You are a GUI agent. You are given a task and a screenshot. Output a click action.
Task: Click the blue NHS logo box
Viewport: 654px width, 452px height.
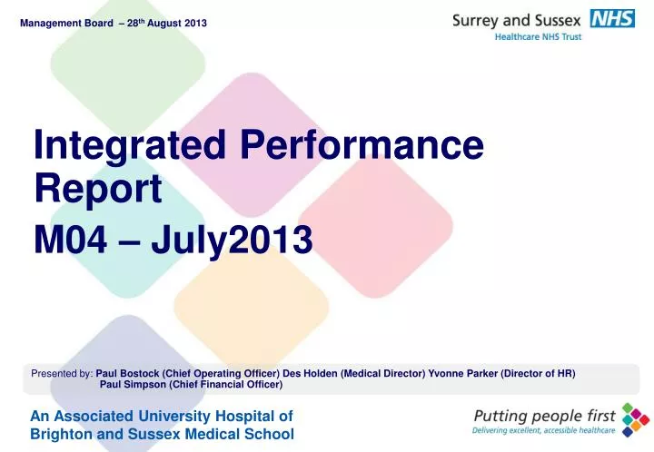(612, 18)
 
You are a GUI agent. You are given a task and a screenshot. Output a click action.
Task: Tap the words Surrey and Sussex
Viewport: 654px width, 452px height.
(516, 20)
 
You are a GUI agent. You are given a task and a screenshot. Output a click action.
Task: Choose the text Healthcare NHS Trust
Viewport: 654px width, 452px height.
(538, 37)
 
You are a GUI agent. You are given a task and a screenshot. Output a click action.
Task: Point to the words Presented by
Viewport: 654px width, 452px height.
(62, 373)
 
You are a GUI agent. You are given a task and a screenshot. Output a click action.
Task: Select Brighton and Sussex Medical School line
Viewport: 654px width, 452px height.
(162, 434)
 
